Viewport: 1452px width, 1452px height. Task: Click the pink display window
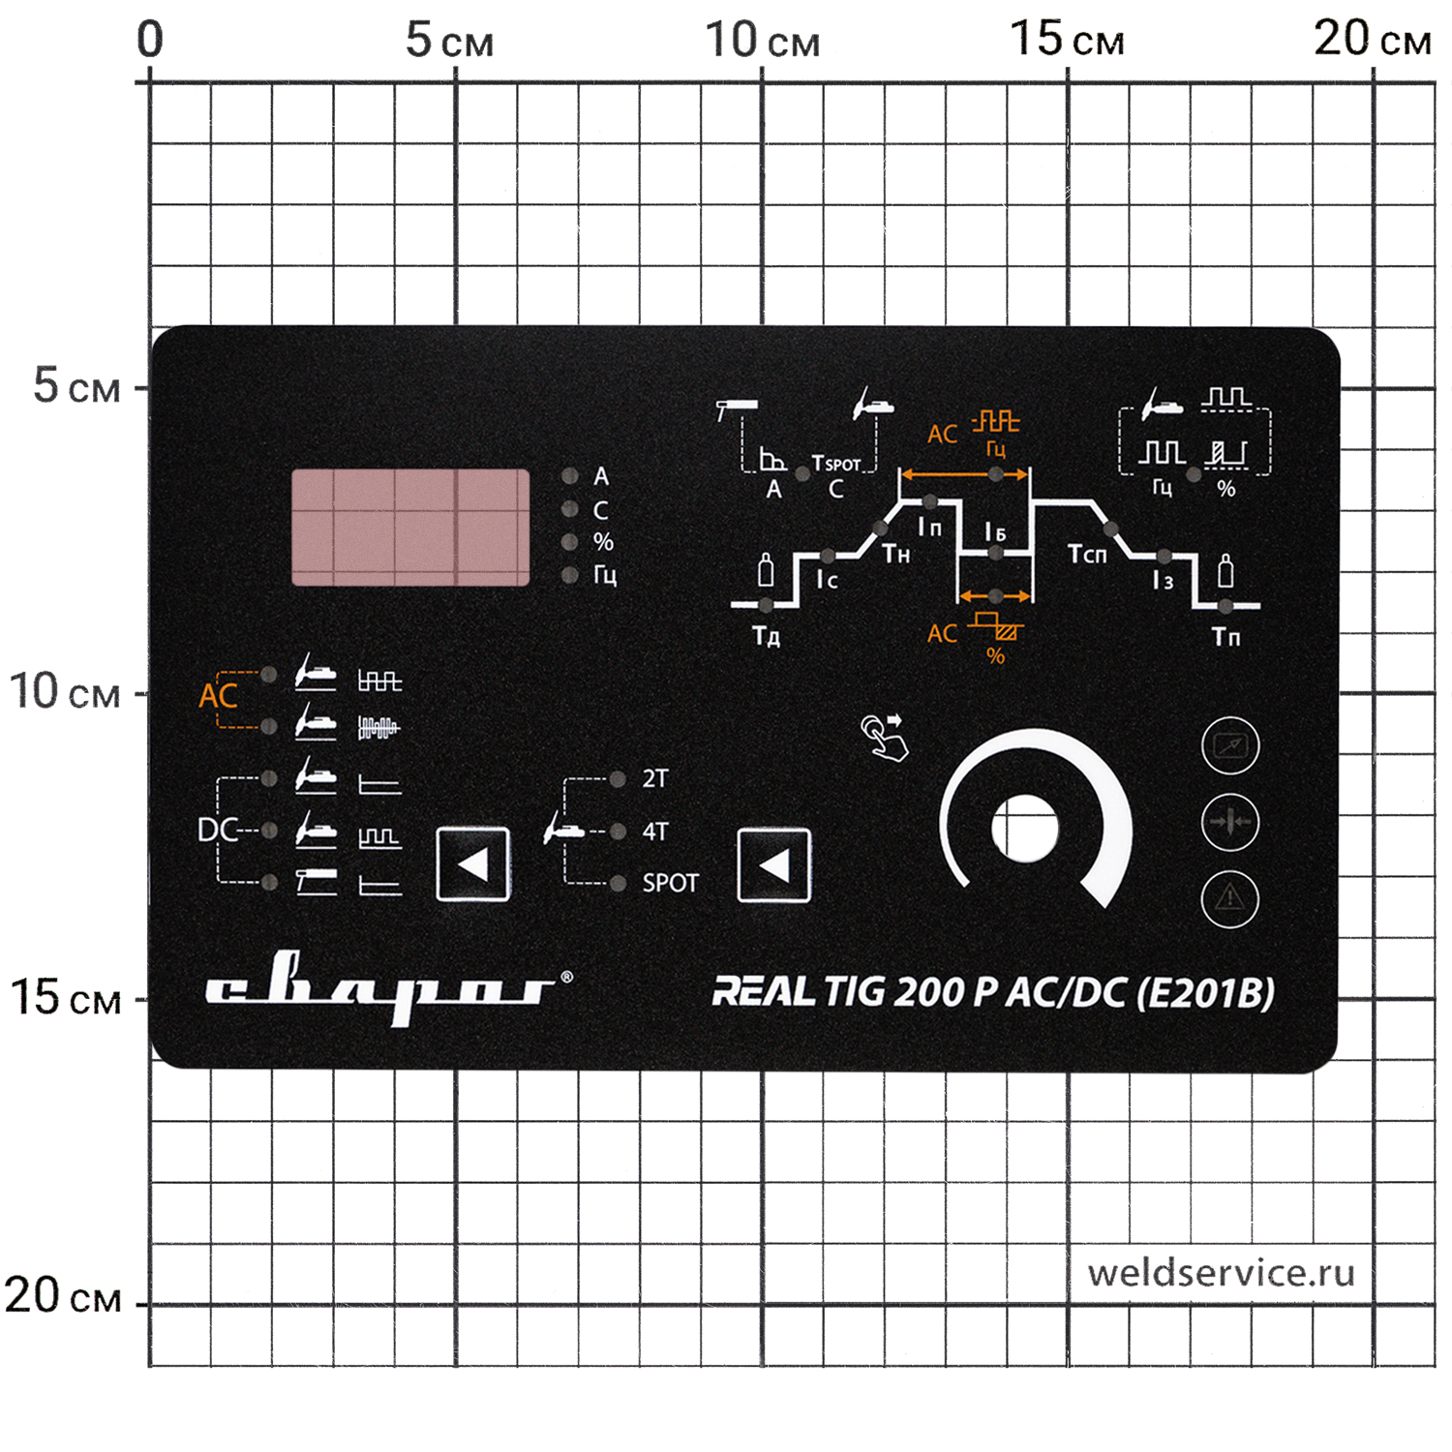410,528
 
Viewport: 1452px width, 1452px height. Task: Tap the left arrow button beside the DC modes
472,864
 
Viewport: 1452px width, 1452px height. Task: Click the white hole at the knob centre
1025,829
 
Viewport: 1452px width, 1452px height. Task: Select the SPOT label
670,883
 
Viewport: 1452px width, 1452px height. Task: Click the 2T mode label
655,778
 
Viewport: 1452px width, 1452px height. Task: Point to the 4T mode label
655,832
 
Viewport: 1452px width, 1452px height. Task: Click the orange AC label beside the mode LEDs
218,696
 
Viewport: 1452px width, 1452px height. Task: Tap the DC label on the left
217,830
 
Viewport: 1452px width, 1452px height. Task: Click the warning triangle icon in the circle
1229,898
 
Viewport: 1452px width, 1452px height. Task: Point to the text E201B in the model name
1205,993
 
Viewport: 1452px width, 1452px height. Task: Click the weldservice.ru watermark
1221,1273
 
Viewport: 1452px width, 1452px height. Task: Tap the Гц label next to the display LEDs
605,576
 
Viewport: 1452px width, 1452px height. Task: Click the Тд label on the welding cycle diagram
766,636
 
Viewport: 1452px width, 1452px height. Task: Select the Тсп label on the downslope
1086,555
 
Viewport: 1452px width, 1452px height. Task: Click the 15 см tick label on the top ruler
1067,41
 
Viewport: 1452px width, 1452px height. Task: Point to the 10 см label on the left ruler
64,692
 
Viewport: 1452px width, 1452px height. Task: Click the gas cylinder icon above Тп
1225,572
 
